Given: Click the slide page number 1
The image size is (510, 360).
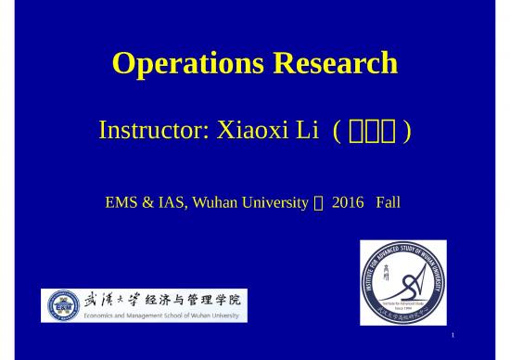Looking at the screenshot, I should click(x=451, y=334).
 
